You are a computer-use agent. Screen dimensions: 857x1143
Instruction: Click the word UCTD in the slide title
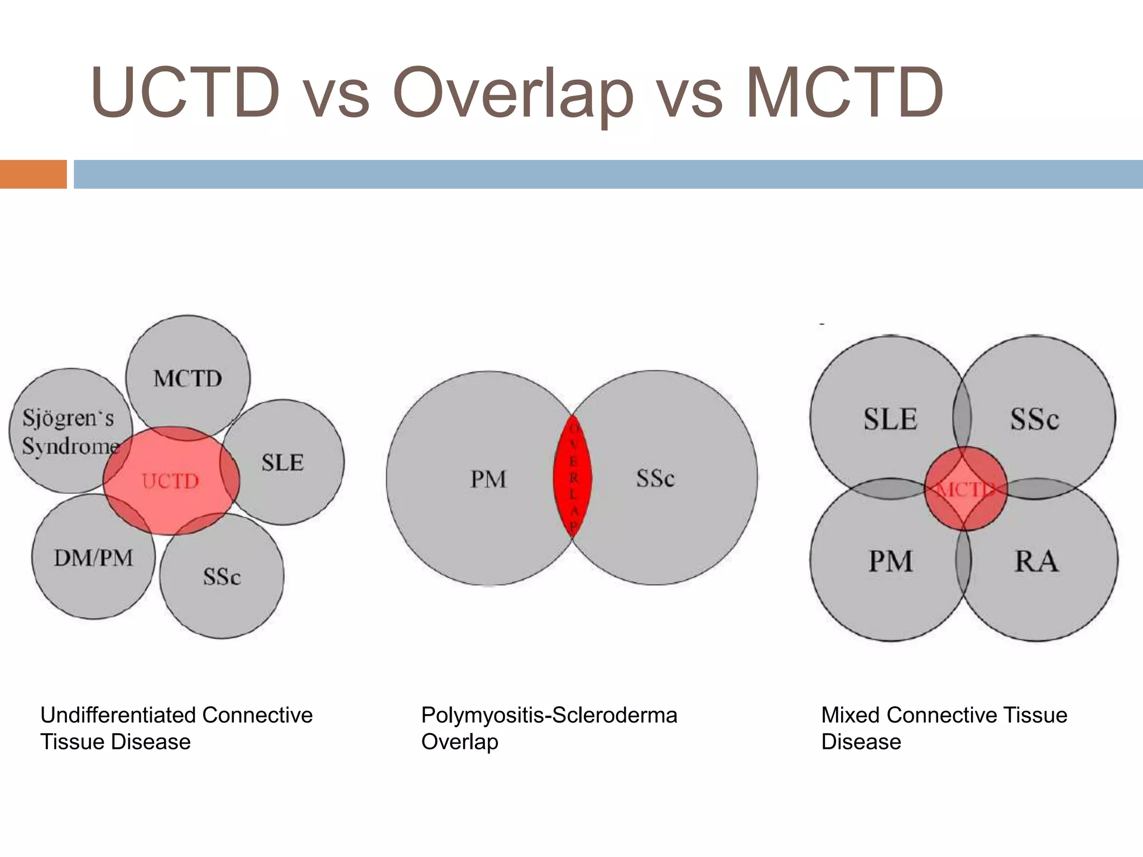pos(185,93)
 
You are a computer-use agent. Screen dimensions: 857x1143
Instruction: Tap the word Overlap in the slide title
pos(513,93)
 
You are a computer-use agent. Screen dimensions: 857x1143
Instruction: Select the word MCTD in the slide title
pos(844,93)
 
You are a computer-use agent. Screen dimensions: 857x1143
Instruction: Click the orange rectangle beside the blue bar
pos(33,174)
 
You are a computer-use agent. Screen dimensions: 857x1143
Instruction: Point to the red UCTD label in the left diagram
pos(170,481)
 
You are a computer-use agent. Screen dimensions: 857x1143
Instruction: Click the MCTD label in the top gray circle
pos(188,379)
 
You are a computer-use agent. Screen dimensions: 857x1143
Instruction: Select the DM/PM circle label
pos(93,558)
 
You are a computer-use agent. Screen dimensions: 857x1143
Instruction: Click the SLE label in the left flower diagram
pos(282,463)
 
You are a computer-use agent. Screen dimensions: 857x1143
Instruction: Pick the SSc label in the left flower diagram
pos(222,576)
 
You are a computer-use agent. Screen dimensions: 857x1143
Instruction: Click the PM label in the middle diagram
pos(488,479)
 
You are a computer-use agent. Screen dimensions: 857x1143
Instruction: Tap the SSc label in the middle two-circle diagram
pos(655,478)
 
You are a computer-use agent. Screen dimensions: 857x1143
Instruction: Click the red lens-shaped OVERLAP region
pos(573,477)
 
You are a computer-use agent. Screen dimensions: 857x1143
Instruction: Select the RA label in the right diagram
pos(1036,561)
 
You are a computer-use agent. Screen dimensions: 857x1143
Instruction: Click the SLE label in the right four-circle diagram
pos(890,419)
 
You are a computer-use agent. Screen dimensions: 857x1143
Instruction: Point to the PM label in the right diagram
pos(890,561)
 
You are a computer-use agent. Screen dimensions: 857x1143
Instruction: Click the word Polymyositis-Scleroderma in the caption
pos(549,715)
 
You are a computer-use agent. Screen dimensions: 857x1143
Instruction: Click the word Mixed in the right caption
pos(850,715)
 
